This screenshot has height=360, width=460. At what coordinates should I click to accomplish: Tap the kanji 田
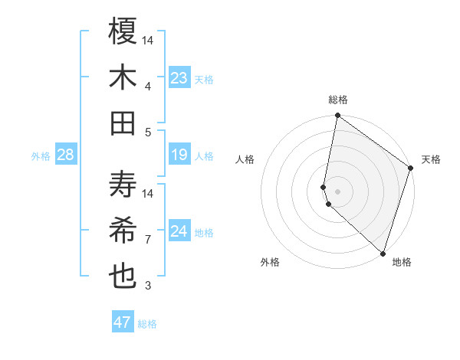[123, 123]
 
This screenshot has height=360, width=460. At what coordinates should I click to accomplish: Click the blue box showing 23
[179, 78]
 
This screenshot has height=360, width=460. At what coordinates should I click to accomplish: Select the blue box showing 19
[179, 155]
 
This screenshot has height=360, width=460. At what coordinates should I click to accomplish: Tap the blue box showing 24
[179, 231]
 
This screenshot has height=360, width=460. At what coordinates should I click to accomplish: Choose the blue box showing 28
[65, 155]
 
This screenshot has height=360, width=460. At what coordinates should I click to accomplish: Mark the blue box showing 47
[123, 322]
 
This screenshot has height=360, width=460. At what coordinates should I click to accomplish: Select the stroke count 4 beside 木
[148, 87]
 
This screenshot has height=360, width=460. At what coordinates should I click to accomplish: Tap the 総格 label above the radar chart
[338, 100]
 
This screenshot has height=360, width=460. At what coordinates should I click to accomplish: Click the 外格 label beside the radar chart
[270, 263]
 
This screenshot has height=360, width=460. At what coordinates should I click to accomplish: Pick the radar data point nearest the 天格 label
[411, 169]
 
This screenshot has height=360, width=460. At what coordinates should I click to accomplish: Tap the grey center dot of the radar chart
[338, 191]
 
